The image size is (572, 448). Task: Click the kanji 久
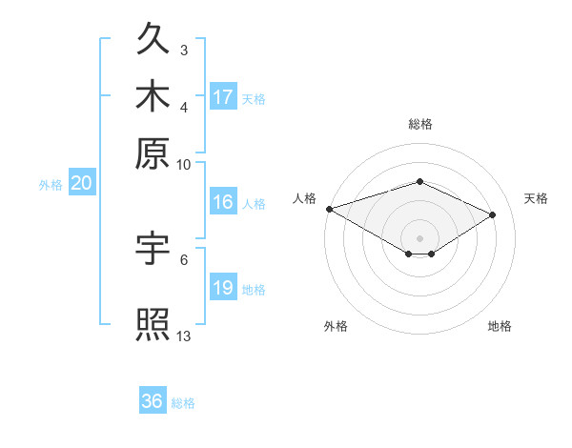(153, 38)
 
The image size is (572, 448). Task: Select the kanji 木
(153, 95)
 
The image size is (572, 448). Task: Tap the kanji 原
(153, 153)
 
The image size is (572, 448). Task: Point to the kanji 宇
(153, 248)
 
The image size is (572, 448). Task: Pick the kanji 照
(153, 324)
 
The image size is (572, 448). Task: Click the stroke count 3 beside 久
(184, 50)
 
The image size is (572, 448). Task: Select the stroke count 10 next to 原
(183, 165)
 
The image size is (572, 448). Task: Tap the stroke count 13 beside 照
(183, 336)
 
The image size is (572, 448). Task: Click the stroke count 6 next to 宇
(184, 260)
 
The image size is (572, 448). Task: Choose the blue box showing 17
(223, 96)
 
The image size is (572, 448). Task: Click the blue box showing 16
(223, 201)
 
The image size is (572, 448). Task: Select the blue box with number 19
(223, 286)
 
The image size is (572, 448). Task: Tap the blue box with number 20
(82, 182)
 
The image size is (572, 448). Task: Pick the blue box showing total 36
(153, 399)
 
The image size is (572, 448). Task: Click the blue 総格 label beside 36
(183, 403)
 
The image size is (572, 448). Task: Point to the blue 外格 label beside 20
(51, 185)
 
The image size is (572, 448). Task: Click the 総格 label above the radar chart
(420, 124)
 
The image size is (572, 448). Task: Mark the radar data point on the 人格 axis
(330, 209)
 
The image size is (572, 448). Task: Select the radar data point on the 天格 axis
(492, 214)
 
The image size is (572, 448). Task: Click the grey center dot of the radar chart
(419, 238)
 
